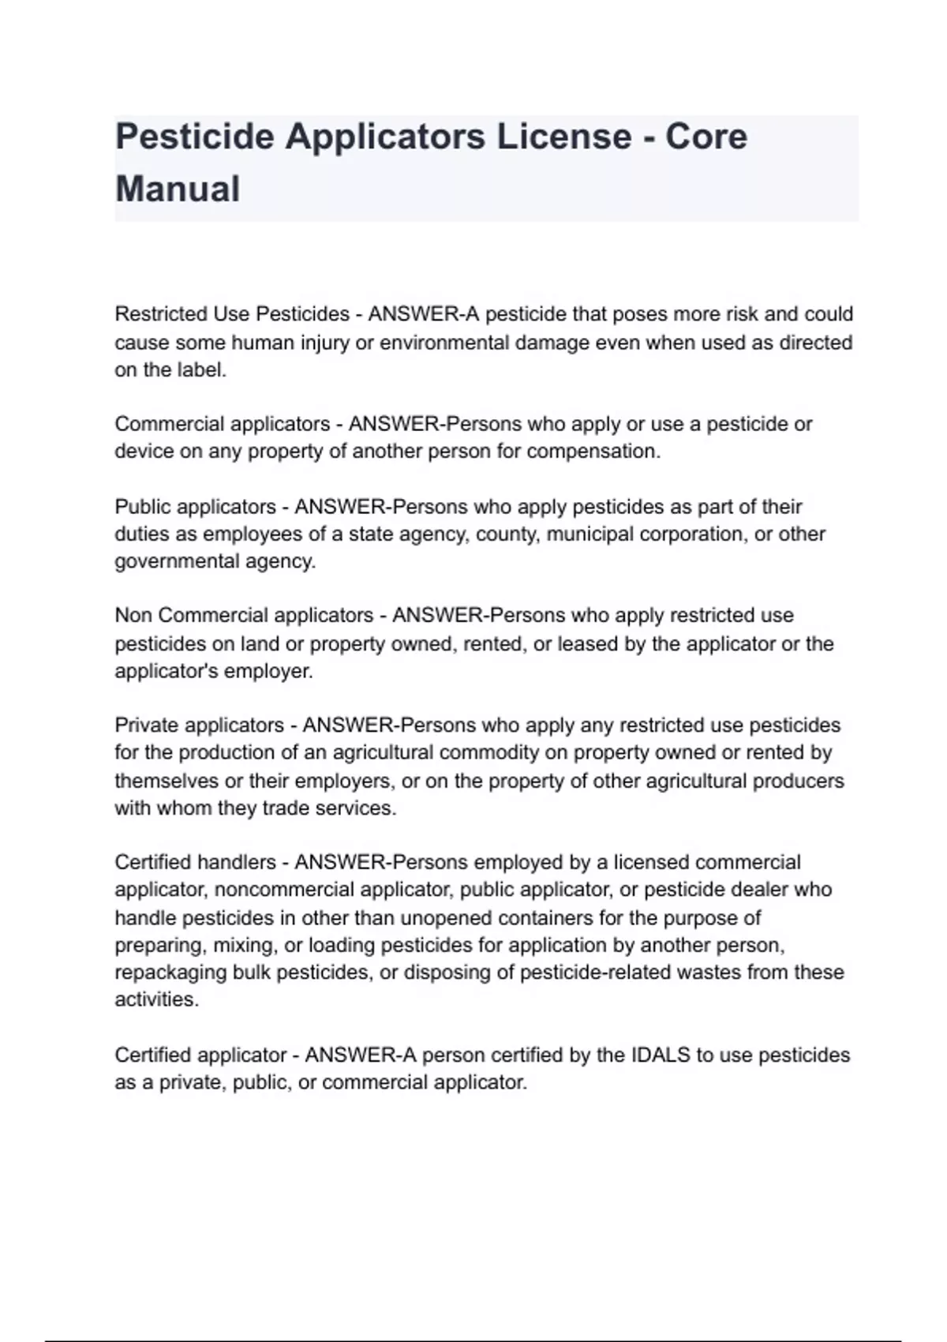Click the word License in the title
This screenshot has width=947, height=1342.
pos(563,137)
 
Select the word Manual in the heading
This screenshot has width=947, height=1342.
pos(178,189)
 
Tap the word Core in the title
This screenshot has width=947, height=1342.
pos(706,137)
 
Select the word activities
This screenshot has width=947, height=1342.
pos(155,1000)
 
